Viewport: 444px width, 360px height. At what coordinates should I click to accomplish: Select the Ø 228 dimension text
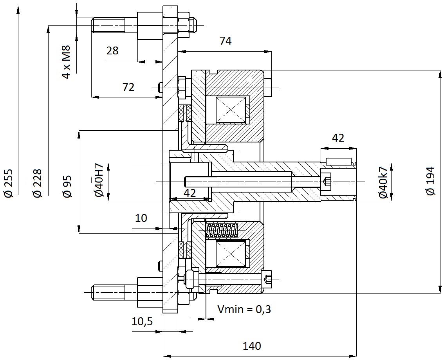click(x=37, y=183)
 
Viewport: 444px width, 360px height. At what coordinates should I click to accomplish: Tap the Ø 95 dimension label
click(x=67, y=187)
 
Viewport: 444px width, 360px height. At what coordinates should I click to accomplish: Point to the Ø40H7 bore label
click(x=99, y=180)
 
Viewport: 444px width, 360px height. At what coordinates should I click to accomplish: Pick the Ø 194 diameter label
click(x=430, y=181)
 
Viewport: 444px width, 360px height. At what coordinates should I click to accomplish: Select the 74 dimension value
click(x=226, y=41)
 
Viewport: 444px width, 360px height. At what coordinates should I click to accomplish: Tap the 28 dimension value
click(x=112, y=50)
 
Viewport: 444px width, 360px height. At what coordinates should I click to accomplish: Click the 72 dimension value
click(x=128, y=87)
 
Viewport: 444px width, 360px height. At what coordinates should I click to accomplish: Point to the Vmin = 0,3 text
click(x=244, y=309)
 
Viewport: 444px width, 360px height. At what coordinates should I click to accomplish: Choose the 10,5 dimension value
click(x=142, y=322)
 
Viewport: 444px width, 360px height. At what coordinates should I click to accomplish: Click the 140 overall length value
click(x=252, y=346)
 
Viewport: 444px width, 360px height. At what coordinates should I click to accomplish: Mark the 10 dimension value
click(x=141, y=218)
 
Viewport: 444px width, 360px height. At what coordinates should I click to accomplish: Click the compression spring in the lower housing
click(x=222, y=230)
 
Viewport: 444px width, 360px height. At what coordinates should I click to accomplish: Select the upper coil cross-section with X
click(x=231, y=110)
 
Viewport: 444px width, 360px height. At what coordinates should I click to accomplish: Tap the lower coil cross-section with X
click(x=231, y=253)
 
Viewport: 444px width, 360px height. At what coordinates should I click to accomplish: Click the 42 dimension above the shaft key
click(x=338, y=138)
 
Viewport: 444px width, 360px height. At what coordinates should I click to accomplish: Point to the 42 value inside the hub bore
click(x=190, y=193)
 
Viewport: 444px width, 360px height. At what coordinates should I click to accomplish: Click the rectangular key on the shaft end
click(x=338, y=161)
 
